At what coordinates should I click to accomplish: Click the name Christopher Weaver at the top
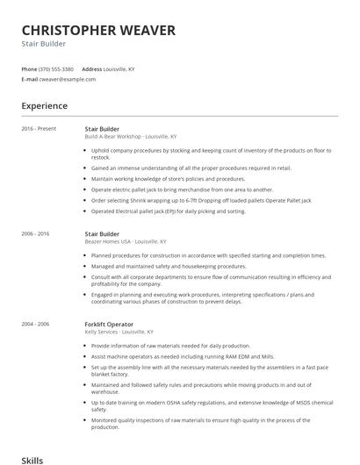point(98,30)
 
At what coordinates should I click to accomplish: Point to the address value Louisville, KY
point(119,68)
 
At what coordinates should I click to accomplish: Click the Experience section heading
point(45,106)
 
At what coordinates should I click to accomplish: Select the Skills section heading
point(32,459)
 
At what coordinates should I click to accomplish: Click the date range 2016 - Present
point(39,129)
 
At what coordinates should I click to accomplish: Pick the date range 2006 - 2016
point(36,234)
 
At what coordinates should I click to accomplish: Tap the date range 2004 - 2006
point(36,324)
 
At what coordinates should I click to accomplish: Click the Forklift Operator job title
point(108,324)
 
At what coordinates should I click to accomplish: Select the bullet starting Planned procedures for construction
point(208,255)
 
